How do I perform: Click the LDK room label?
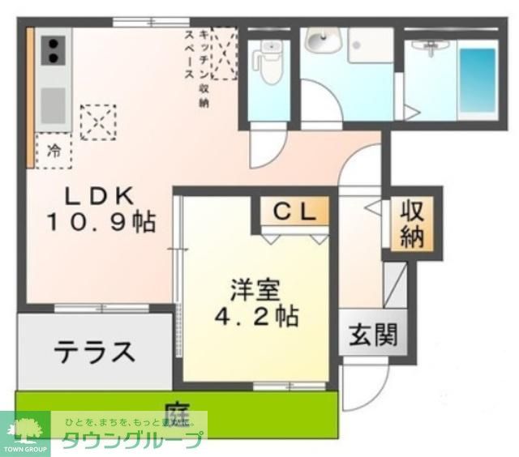(x=96, y=195)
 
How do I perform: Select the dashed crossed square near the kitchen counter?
(x=97, y=122)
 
